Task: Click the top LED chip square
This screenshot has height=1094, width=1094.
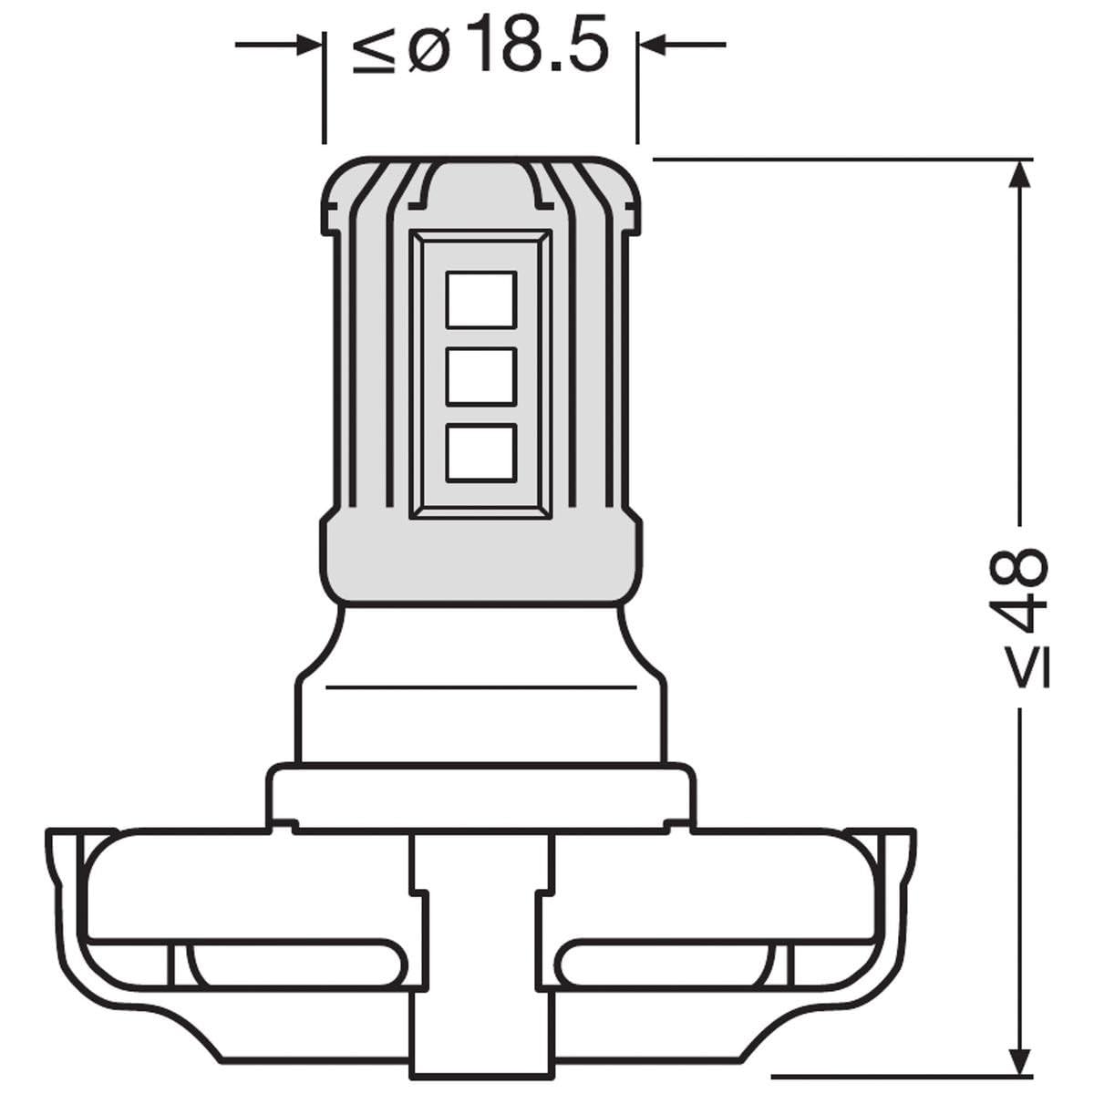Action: (480, 299)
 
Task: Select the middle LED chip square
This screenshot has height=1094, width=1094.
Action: (480, 376)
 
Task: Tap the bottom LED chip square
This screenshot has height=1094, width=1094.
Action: (480, 452)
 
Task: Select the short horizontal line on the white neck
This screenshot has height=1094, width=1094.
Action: (480, 686)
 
